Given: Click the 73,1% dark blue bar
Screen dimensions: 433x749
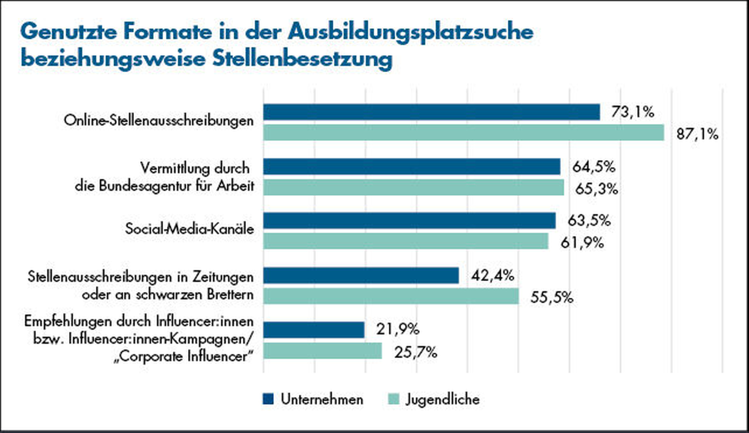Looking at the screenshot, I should [x=431, y=112].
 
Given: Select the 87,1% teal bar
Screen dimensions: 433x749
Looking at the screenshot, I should [x=464, y=133].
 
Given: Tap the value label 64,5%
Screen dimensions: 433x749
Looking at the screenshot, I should [x=594, y=167].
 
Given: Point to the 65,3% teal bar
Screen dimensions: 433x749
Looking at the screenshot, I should [x=414, y=187].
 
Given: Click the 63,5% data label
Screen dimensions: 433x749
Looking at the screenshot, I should [x=589, y=220].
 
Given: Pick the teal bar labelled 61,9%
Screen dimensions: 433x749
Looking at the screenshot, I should [x=406, y=241].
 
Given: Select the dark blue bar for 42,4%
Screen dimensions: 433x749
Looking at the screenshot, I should [x=361, y=275].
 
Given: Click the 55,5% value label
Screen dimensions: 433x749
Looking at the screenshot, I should [x=552, y=297].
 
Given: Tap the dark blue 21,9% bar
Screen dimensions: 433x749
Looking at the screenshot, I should [x=314, y=330].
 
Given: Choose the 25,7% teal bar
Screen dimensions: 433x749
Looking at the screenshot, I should [x=322, y=351].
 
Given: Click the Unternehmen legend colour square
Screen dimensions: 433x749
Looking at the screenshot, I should [x=268, y=399].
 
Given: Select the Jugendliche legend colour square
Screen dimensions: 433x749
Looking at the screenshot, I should [x=393, y=399].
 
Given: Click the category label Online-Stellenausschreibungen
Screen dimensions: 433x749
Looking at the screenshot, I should [x=158, y=120].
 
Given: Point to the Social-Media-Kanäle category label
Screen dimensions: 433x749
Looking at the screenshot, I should [x=189, y=229].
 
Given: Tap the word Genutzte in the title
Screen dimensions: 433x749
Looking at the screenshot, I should [x=69, y=32].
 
